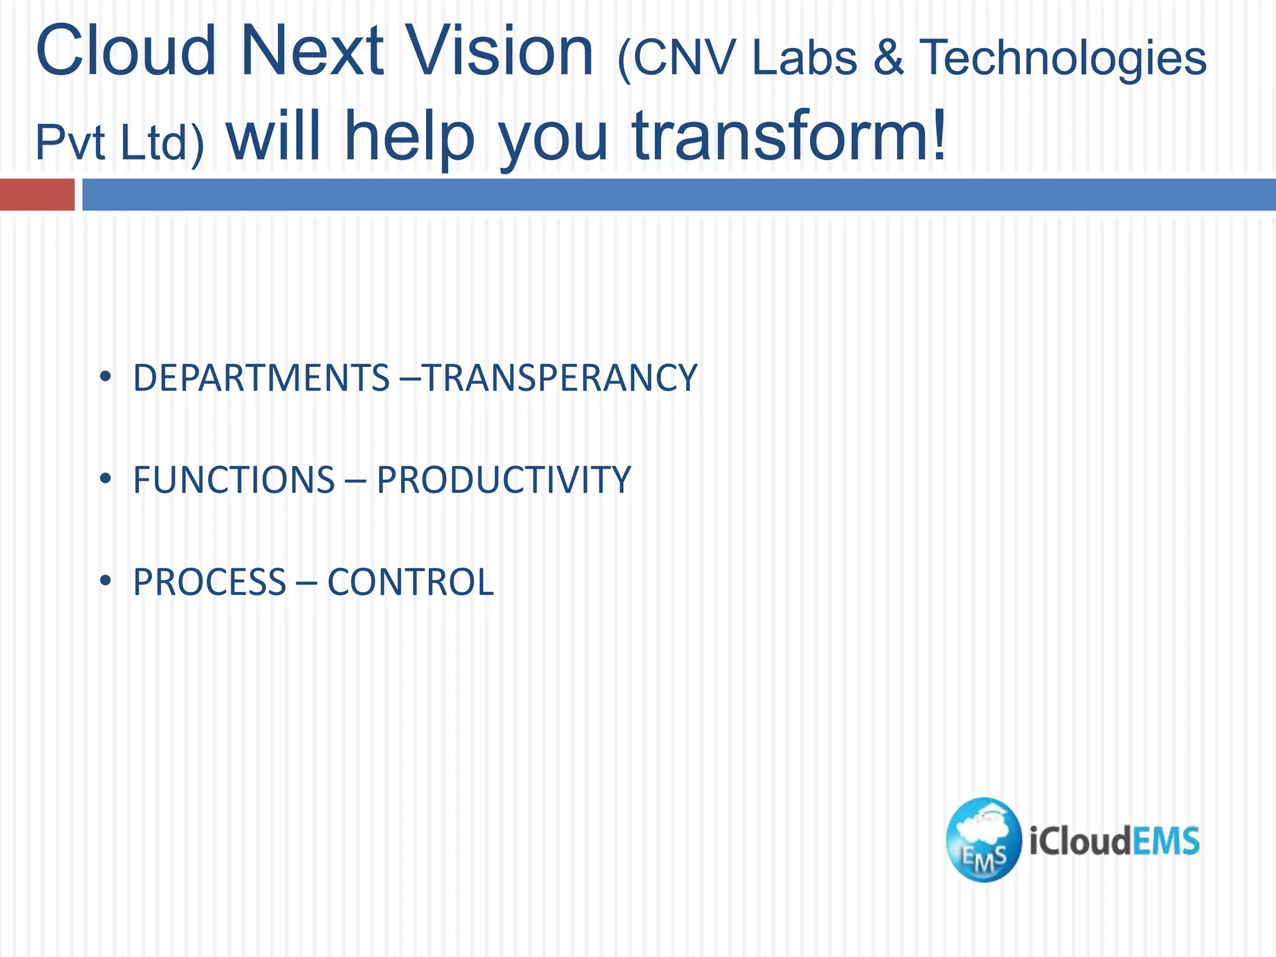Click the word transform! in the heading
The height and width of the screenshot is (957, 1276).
click(x=789, y=135)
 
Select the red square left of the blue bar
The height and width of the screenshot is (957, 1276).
click(x=37, y=194)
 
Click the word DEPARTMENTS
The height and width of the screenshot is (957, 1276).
click(x=261, y=378)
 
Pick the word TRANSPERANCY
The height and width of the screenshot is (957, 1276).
click(x=559, y=378)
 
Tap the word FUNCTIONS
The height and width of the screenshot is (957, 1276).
click(x=234, y=480)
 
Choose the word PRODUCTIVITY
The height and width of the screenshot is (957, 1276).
click(x=503, y=480)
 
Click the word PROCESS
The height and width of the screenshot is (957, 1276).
click(x=209, y=583)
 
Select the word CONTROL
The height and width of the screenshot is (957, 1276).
click(x=410, y=583)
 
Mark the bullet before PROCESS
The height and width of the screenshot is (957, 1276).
click(x=105, y=581)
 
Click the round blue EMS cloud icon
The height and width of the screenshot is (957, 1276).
click(x=983, y=840)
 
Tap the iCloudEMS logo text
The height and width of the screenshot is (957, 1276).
click(x=1114, y=841)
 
